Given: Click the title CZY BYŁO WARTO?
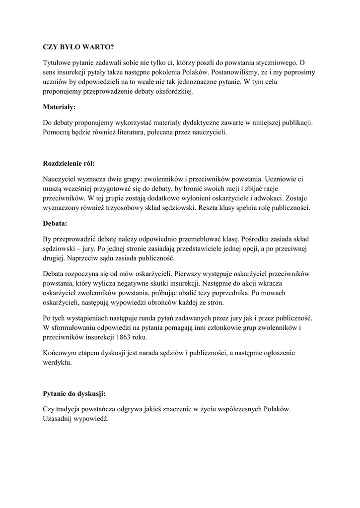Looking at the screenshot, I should (78, 48).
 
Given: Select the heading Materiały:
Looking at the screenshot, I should (59, 106).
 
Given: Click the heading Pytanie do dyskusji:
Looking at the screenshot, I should (74, 394).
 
